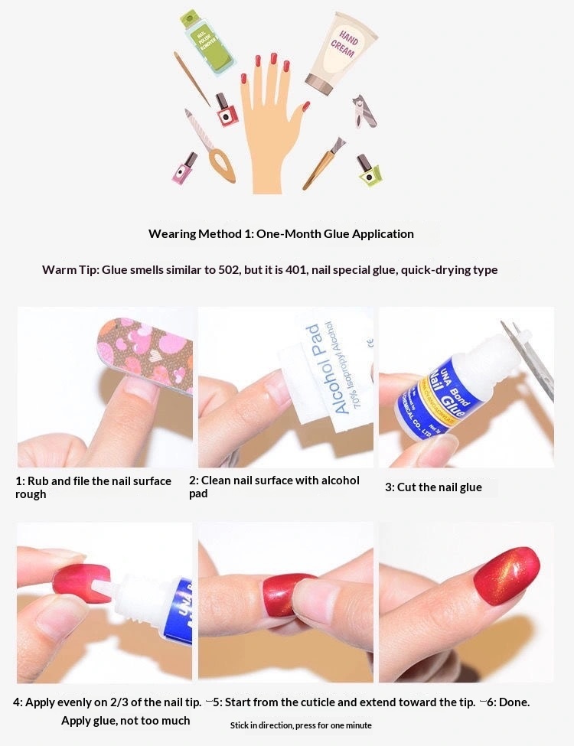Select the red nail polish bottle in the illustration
tap(226, 111)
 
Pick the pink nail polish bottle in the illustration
tap(184, 168)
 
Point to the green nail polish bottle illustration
tap(369, 170)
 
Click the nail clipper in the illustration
tap(364, 110)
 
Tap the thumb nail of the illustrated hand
tap(305, 106)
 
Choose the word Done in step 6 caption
tap(514, 702)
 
